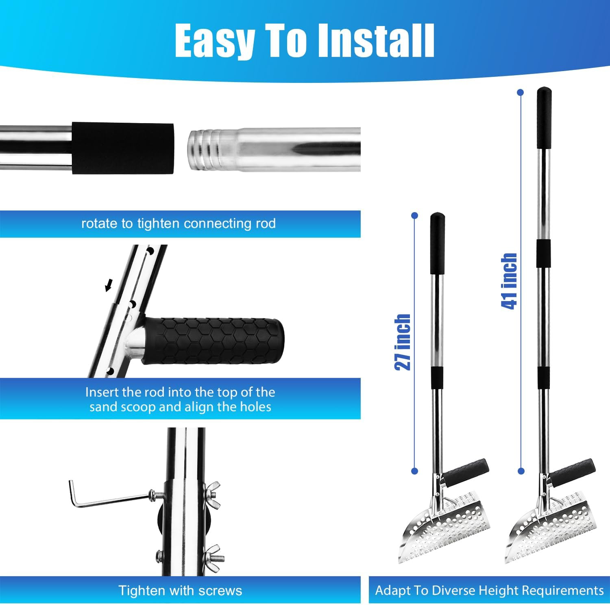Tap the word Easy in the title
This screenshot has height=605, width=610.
click(214, 41)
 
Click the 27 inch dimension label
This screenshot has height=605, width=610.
click(403, 342)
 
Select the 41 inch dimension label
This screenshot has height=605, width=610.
click(509, 281)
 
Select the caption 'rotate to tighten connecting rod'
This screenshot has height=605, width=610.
click(179, 223)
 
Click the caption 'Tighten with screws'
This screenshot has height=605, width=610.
click(180, 590)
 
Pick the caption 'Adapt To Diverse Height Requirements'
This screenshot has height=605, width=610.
click(489, 590)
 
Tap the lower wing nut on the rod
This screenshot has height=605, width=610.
click(215, 555)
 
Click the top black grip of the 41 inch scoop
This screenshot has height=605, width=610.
click(544, 118)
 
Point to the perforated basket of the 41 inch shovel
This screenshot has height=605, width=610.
click(551, 526)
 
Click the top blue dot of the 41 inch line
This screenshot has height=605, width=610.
click(520, 93)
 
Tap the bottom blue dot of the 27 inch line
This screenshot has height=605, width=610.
click(414, 471)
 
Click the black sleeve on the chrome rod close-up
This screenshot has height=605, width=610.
click(123, 149)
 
